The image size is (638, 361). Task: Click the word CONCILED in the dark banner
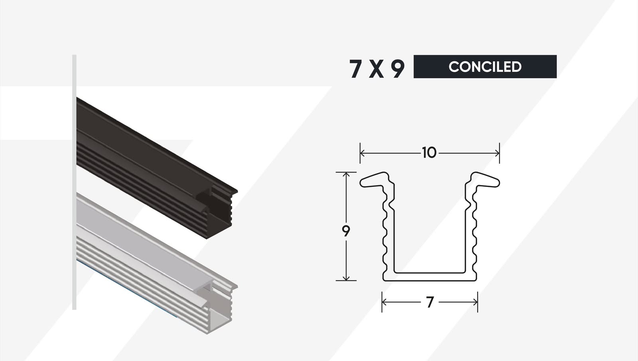[485, 67]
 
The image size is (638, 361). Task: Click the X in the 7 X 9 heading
[376, 69]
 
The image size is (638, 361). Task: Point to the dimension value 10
[429, 153]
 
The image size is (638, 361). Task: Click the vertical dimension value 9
[346, 231]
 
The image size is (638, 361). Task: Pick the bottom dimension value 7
[430, 302]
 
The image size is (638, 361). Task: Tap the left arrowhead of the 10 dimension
[362, 153]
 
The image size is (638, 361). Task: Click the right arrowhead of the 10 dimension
[497, 153]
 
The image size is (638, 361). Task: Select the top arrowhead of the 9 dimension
[346, 175]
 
